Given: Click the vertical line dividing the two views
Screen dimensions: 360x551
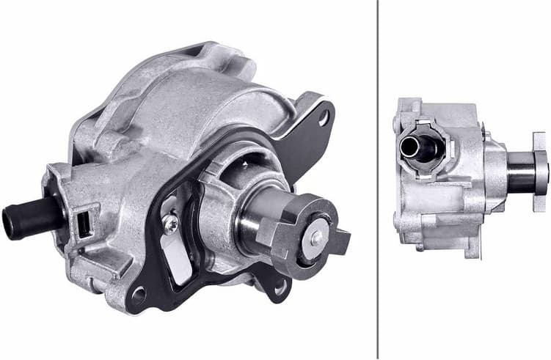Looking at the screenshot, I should [x=377, y=180].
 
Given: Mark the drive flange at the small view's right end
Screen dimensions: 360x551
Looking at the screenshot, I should [x=541, y=162].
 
